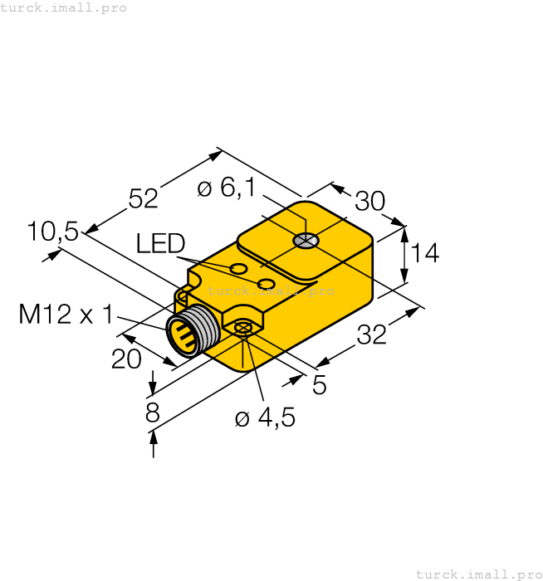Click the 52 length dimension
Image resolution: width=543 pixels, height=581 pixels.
coord(143,198)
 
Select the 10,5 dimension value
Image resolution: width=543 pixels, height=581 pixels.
coord(52,232)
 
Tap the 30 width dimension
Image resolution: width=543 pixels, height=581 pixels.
coord(370,202)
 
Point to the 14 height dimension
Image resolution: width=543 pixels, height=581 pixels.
coord(424,252)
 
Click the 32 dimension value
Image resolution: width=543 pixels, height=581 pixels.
coord(372,334)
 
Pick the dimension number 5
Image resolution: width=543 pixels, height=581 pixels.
coord(319,384)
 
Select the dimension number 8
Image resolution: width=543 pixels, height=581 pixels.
coord(152,413)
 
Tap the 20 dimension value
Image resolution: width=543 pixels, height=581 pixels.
coord(126,359)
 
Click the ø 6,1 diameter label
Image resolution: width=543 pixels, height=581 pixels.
coord(226,189)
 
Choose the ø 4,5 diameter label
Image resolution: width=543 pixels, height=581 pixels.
coord(265,417)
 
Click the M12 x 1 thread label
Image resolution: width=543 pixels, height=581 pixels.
coord(66,315)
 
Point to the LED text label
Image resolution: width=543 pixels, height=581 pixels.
coord(160,243)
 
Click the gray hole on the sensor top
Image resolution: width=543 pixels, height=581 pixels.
coord(306,242)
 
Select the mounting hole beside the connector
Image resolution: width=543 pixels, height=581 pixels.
coord(243,329)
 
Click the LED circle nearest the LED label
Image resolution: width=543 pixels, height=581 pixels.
coord(238,269)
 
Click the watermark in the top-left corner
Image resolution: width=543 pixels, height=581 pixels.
coord(64,7)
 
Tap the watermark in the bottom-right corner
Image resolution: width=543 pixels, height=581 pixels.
coord(477,574)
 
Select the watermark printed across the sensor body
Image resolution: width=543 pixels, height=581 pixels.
coord(271,290)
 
